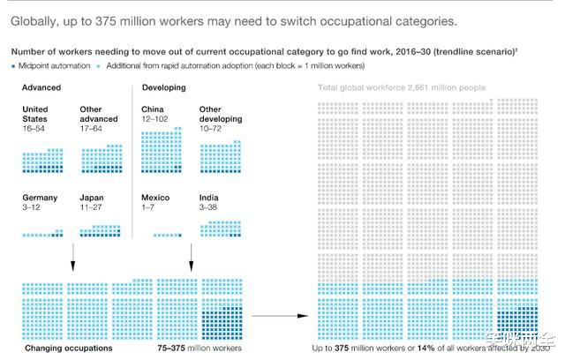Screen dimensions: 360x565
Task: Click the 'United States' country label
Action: click(35, 115)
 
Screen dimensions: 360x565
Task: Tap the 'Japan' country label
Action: click(92, 198)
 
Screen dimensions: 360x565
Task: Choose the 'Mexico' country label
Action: click(156, 198)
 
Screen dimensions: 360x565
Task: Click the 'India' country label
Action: click(209, 198)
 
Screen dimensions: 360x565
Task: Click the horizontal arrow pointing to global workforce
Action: click(281, 314)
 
